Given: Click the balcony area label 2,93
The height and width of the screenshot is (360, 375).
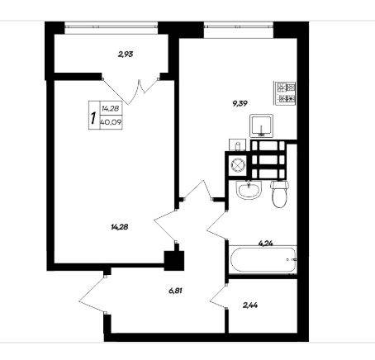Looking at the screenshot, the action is [x=126, y=54].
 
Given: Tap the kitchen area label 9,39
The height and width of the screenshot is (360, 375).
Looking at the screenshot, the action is [x=240, y=103].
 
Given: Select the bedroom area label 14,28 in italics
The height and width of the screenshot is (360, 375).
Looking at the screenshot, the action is [x=120, y=227].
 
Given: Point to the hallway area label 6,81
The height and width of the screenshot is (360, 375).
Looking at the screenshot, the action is [x=175, y=291].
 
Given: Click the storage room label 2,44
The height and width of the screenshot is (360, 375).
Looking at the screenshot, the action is [x=250, y=305].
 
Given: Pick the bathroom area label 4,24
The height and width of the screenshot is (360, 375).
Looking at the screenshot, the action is [x=266, y=244].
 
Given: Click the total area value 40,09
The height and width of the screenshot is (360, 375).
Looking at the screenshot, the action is [x=111, y=122].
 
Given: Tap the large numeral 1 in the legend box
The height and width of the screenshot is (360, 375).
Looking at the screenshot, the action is [x=93, y=117].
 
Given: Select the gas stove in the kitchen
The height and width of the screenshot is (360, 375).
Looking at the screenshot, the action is [x=285, y=93].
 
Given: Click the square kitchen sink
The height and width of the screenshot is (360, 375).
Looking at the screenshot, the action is [x=261, y=126].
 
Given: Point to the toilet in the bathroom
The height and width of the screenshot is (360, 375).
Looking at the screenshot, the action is [x=279, y=194].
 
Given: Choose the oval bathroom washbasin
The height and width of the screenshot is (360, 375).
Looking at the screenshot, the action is [x=249, y=190].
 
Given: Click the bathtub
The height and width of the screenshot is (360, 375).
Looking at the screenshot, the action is [x=263, y=259].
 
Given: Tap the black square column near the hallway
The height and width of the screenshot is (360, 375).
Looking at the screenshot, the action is [x=174, y=261].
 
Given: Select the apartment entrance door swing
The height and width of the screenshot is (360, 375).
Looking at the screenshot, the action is [x=93, y=293].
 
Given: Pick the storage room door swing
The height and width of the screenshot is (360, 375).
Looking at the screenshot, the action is [x=217, y=297].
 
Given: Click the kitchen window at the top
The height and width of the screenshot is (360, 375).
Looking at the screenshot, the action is [x=239, y=26].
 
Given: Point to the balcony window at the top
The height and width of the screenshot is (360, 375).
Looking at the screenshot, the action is [x=112, y=26].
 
